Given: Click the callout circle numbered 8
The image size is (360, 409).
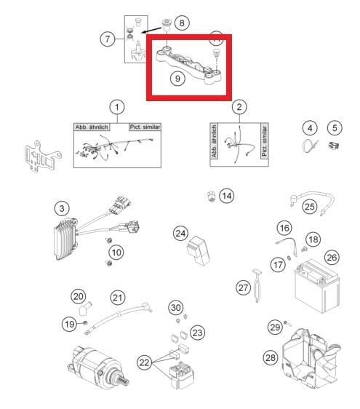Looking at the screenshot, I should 182,23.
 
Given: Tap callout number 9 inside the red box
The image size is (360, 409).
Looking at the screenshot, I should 177,78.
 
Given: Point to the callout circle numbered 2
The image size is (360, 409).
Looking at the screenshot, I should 239,108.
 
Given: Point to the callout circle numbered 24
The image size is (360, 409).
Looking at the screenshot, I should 181,233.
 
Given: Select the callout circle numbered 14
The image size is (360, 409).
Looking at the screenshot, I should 228,195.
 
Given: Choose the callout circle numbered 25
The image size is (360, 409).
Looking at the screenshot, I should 309,207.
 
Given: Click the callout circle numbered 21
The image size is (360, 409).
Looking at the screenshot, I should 117,297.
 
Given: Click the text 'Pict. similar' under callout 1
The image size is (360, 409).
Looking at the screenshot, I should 145,127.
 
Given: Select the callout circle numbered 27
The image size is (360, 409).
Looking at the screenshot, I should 244,287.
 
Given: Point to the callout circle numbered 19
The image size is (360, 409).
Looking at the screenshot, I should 69,324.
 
